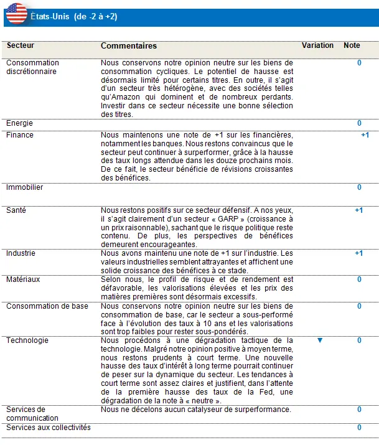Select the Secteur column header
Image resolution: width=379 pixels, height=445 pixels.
coord(21,46)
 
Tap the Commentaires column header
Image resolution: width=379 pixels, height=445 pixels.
coord(129,46)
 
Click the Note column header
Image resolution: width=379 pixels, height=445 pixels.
coord(352,46)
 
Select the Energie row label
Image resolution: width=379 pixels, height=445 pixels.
coord(19,123)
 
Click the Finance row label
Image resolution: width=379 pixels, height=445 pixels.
coord(20,135)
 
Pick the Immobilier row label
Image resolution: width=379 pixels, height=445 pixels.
coord(25,187)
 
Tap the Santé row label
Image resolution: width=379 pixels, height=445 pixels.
coord(17,210)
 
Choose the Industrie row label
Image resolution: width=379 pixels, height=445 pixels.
coord(21,253)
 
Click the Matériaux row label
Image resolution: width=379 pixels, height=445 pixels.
coord(23,279)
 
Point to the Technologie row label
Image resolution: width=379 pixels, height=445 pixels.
coord(27,340)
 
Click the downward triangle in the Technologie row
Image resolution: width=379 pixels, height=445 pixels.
coord(320,340)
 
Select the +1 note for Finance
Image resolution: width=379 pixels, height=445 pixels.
coord(365,135)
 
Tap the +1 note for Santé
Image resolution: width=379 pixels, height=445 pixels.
coord(358,210)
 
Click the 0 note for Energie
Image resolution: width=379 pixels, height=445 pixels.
coord(359,123)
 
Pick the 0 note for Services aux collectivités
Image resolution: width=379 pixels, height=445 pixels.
coord(359,428)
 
